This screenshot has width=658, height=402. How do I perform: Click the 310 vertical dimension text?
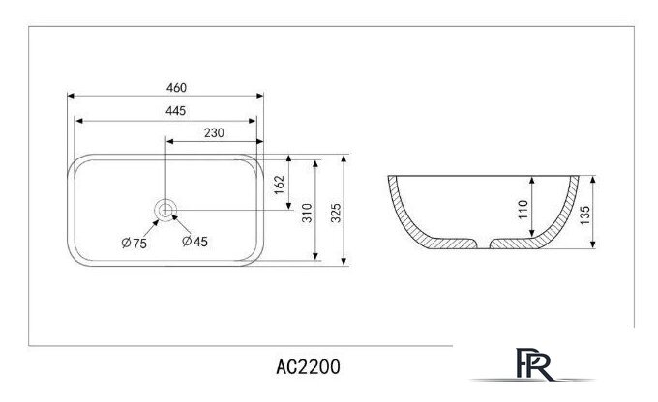(306, 212)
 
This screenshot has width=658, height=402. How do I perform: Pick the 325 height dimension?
(336, 212)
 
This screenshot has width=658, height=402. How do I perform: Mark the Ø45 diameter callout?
(194, 242)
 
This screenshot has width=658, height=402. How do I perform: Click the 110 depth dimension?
(523, 210)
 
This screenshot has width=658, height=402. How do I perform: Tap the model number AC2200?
(308, 368)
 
